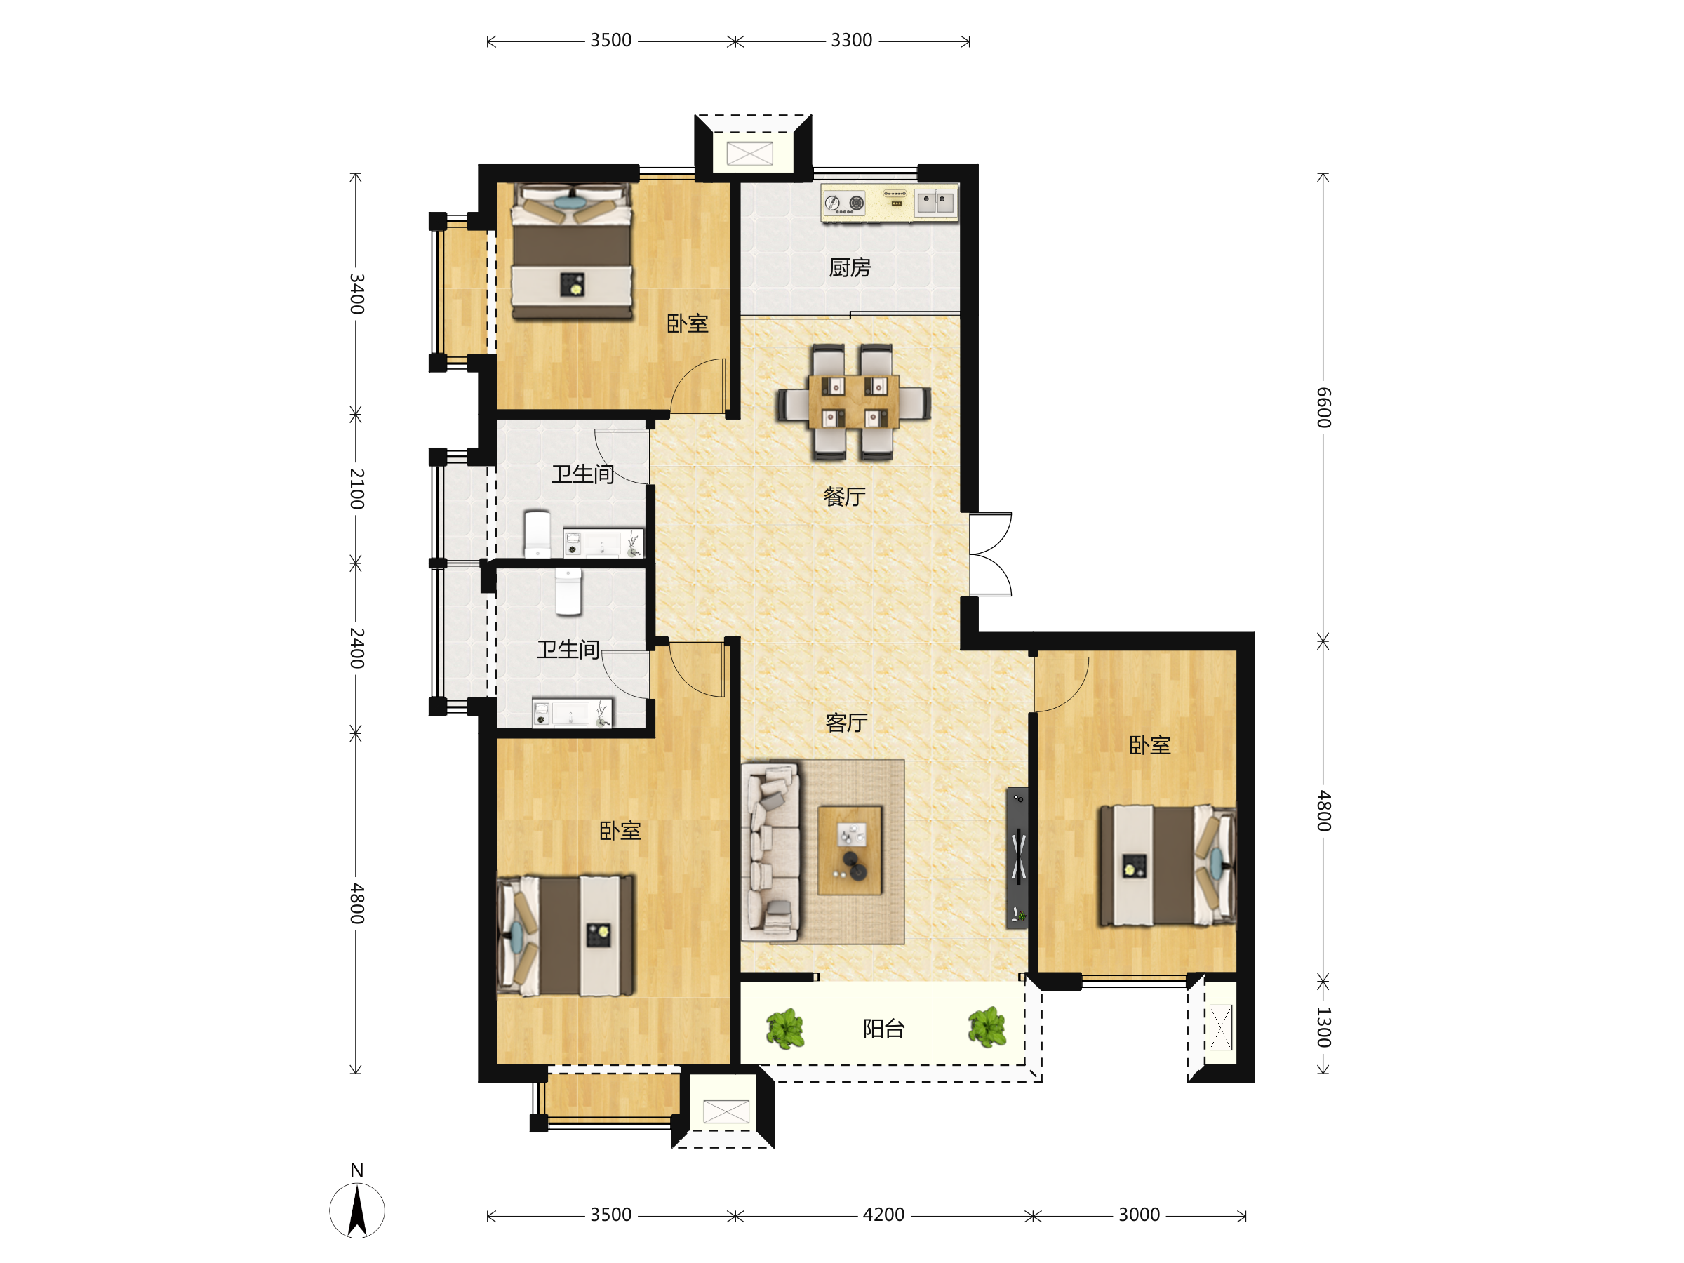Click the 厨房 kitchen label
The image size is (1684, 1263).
[x=850, y=268]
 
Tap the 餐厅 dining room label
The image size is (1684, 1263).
[x=844, y=497]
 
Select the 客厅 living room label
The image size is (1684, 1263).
[x=847, y=723]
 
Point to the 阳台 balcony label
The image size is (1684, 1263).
[x=883, y=1029]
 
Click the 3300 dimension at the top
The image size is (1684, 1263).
[x=851, y=41]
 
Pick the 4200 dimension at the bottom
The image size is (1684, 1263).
[x=883, y=1215]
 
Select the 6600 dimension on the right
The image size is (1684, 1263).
[x=1324, y=407]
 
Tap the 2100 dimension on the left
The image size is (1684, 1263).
[x=356, y=489]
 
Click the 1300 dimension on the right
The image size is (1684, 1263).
[x=1324, y=1027]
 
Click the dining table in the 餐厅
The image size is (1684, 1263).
[x=853, y=401]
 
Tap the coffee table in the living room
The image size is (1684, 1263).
[x=850, y=850]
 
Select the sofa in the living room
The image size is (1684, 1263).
[x=770, y=853]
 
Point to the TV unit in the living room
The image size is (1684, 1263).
[x=1017, y=858]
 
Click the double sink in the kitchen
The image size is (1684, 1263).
[x=935, y=203]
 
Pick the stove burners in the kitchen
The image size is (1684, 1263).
[x=844, y=203]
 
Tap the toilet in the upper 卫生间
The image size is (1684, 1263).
[x=537, y=535]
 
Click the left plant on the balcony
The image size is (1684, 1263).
[x=786, y=1029]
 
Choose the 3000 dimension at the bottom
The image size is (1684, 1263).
[x=1139, y=1215]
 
